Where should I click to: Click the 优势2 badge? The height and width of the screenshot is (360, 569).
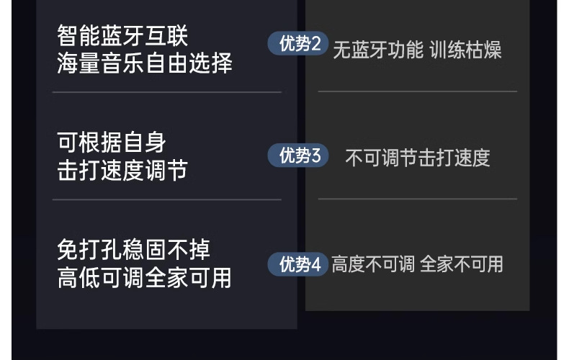tap(299, 44)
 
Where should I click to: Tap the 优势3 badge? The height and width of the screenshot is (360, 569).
tap(299, 156)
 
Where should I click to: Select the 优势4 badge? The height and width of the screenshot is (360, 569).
tap(299, 264)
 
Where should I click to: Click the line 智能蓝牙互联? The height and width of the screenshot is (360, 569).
tap(122, 36)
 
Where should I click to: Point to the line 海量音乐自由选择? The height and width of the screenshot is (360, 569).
tap(145, 63)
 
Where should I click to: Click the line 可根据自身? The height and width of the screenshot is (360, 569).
tap(112, 143)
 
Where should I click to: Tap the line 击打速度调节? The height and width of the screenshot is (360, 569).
tap(122, 171)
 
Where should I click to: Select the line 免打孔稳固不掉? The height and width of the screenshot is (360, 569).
tap(134, 250)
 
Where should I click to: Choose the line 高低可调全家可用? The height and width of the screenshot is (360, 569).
tap(145, 277)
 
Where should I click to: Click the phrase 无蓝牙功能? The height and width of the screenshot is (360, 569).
tap(377, 50)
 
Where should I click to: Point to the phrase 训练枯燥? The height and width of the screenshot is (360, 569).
tap(465, 50)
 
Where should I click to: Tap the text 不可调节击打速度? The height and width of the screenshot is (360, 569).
tap(418, 158)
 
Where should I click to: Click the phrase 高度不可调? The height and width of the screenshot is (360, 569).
tap(373, 264)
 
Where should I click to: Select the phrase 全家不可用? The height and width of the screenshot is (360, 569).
tap(461, 264)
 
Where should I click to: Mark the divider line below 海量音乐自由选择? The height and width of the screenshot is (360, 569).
tap(166, 92)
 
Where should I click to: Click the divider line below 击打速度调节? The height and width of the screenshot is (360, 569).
tap(166, 199)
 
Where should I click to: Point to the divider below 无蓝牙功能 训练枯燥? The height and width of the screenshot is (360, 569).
tap(417, 91)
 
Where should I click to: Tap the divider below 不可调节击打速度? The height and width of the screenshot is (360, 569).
tap(417, 199)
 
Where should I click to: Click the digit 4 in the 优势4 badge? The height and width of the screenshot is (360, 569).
tap(316, 264)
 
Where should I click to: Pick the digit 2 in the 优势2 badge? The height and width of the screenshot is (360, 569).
tap(316, 44)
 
